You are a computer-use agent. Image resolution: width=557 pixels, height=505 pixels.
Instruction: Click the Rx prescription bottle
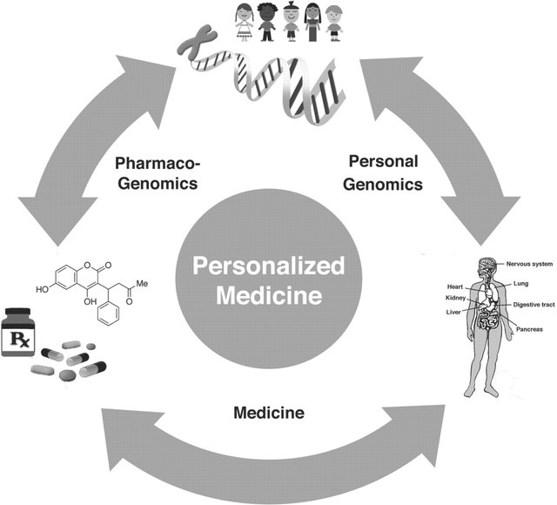(18, 332)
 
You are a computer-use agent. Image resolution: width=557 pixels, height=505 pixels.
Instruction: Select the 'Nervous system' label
(529, 264)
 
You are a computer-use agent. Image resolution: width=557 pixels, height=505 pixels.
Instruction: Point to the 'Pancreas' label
(529, 329)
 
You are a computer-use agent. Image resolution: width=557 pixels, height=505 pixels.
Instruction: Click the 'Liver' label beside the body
(453, 313)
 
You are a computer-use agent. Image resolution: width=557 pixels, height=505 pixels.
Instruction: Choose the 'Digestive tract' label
(534, 305)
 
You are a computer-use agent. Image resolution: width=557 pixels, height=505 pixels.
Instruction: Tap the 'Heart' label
(455, 286)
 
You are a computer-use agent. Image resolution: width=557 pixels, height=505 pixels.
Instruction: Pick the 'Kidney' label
(455, 298)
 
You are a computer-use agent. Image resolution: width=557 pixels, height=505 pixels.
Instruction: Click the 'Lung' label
(520, 284)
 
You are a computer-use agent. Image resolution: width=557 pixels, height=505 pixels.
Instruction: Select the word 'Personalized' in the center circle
(269, 266)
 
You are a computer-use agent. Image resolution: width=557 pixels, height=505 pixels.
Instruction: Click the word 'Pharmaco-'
(158, 164)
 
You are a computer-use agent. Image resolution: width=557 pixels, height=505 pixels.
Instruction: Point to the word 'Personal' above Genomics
(383, 161)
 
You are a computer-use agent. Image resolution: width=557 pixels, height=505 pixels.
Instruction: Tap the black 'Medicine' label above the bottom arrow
(269, 413)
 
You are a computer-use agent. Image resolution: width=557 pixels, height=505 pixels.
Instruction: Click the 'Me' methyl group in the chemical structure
(142, 284)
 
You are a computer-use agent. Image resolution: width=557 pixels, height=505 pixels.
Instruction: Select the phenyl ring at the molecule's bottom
(109, 314)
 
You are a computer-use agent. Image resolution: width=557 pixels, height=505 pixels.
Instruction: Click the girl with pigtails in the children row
(244, 22)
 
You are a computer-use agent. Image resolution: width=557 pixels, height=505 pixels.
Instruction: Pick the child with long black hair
(312, 22)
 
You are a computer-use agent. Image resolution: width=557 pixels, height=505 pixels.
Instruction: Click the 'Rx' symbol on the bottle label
(19, 339)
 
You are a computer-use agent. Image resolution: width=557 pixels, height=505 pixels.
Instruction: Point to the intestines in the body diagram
(488, 319)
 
